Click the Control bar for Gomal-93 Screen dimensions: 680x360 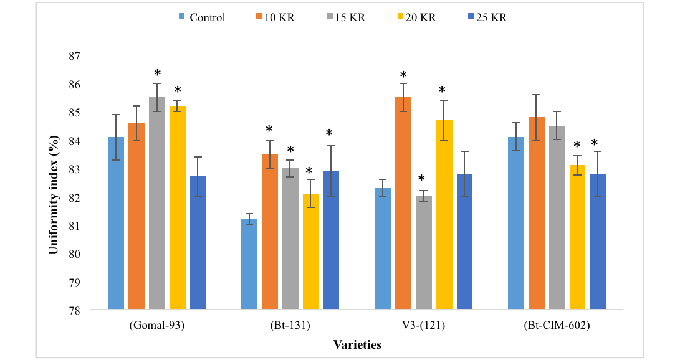[x=116, y=223]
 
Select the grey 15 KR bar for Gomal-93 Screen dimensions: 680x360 [x=157, y=203]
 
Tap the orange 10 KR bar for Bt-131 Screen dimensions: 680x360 [x=270, y=232]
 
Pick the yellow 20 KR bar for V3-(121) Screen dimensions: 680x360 [x=444, y=214]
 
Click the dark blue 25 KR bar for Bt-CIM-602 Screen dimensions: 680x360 [x=598, y=242]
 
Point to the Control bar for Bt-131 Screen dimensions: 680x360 [x=249, y=264]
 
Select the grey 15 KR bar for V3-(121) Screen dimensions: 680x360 [x=424, y=253]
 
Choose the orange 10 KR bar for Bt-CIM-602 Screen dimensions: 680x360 [x=537, y=213]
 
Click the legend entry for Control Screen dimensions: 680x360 [x=202, y=17]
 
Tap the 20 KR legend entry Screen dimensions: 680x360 [x=417, y=17]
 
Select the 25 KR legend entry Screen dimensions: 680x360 [x=487, y=17]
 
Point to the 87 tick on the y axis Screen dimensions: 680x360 [x=75, y=56]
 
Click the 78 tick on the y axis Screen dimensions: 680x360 [x=75, y=311]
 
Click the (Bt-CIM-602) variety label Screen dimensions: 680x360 [x=557, y=325]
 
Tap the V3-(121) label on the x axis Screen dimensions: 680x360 [x=423, y=325]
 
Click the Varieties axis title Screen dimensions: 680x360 [x=357, y=345]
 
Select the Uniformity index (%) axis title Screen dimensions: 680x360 [x=54, y=196]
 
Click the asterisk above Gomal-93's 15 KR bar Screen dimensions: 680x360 [x=158, y=73]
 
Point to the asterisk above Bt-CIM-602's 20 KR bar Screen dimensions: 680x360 [x=577, y=144]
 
